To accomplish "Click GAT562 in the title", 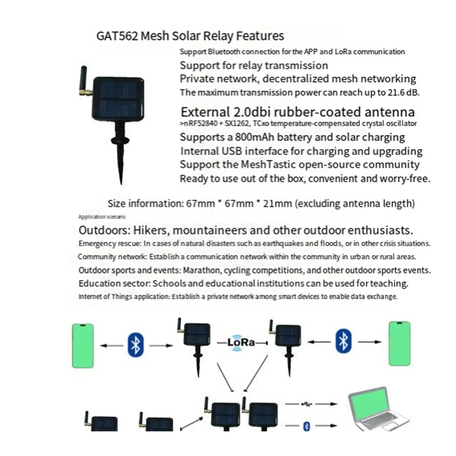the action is [117, 36].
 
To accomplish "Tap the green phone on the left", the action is [83, 346].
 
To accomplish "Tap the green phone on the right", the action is [400, 344].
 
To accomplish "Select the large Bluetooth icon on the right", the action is [344, 341].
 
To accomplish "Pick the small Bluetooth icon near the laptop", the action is [307, 426].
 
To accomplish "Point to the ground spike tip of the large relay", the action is [121, 184].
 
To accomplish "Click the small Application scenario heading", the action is [102, 217].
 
